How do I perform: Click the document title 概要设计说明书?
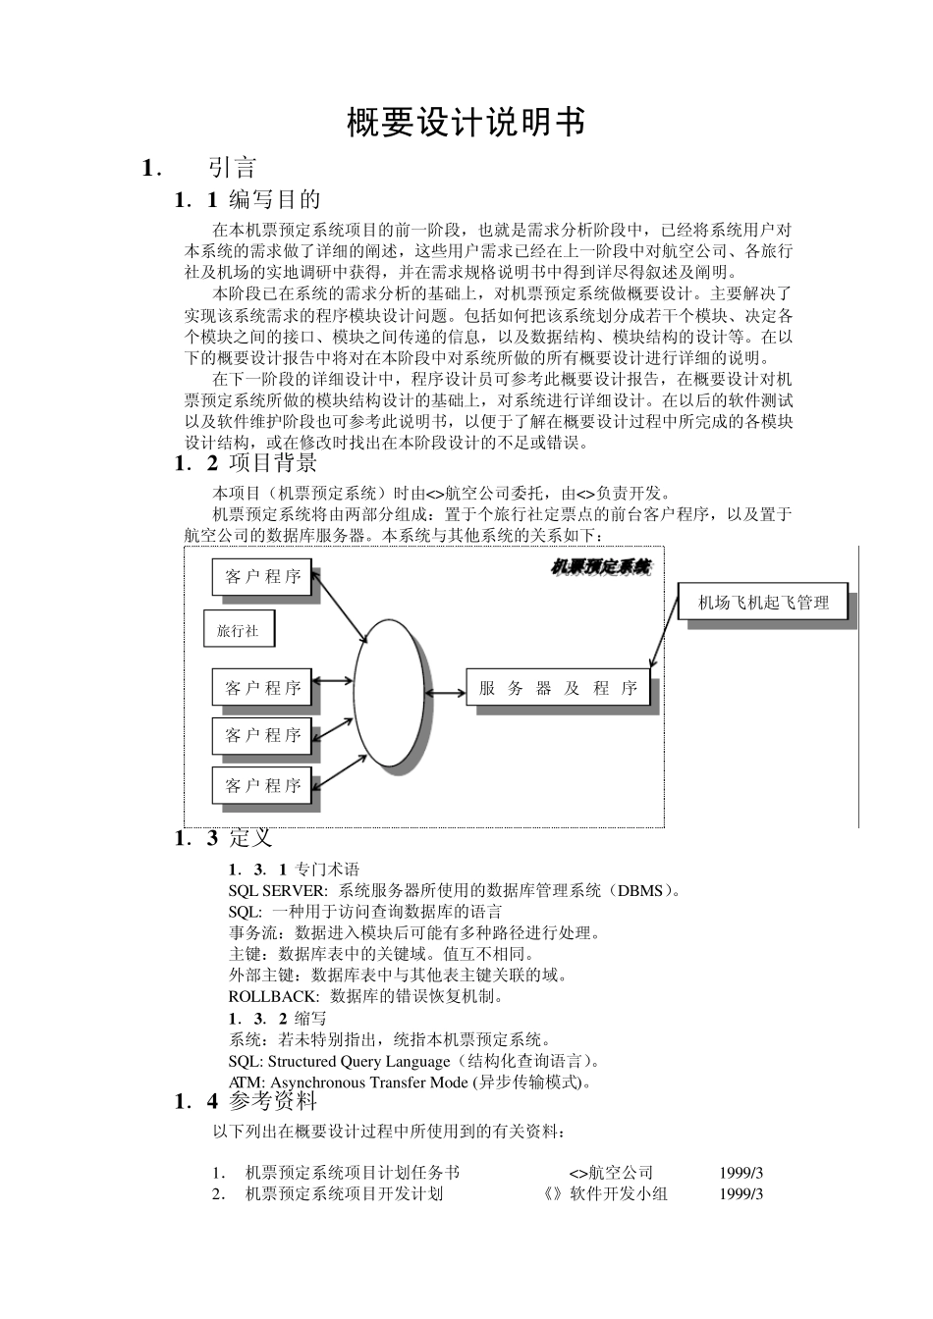[466, 124]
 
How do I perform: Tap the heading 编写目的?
[275, 200]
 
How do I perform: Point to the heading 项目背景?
[273, 463]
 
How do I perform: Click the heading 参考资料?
[273, 1101]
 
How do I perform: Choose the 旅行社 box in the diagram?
[239, 630]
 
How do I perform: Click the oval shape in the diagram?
[390, 692]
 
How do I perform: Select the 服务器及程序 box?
[558, 689]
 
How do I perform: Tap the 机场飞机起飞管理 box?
[763, 603]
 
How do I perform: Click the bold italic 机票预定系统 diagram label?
[600, 567]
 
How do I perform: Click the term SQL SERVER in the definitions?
[277, 891]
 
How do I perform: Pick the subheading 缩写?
[311, 1019]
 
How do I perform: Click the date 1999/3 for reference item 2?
[741, 1193]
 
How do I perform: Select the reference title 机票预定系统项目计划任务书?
[352, 1173]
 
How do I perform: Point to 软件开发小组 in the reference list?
[619, 1193]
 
